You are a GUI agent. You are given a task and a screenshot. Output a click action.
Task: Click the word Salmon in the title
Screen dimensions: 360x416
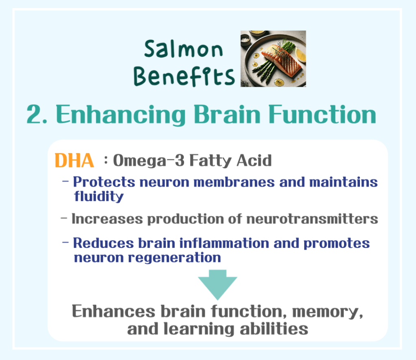click(184, 50)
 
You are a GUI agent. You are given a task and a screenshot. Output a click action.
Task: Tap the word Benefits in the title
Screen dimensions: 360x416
click(184, 76)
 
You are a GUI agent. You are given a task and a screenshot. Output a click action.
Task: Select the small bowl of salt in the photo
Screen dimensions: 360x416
click(246, 39)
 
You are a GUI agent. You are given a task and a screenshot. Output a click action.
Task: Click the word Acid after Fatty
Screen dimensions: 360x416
click(254, 161)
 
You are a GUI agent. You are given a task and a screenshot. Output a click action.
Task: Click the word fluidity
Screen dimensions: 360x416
click(98, 197)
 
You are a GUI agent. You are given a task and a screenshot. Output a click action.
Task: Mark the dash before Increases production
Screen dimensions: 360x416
click(64, 219)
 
